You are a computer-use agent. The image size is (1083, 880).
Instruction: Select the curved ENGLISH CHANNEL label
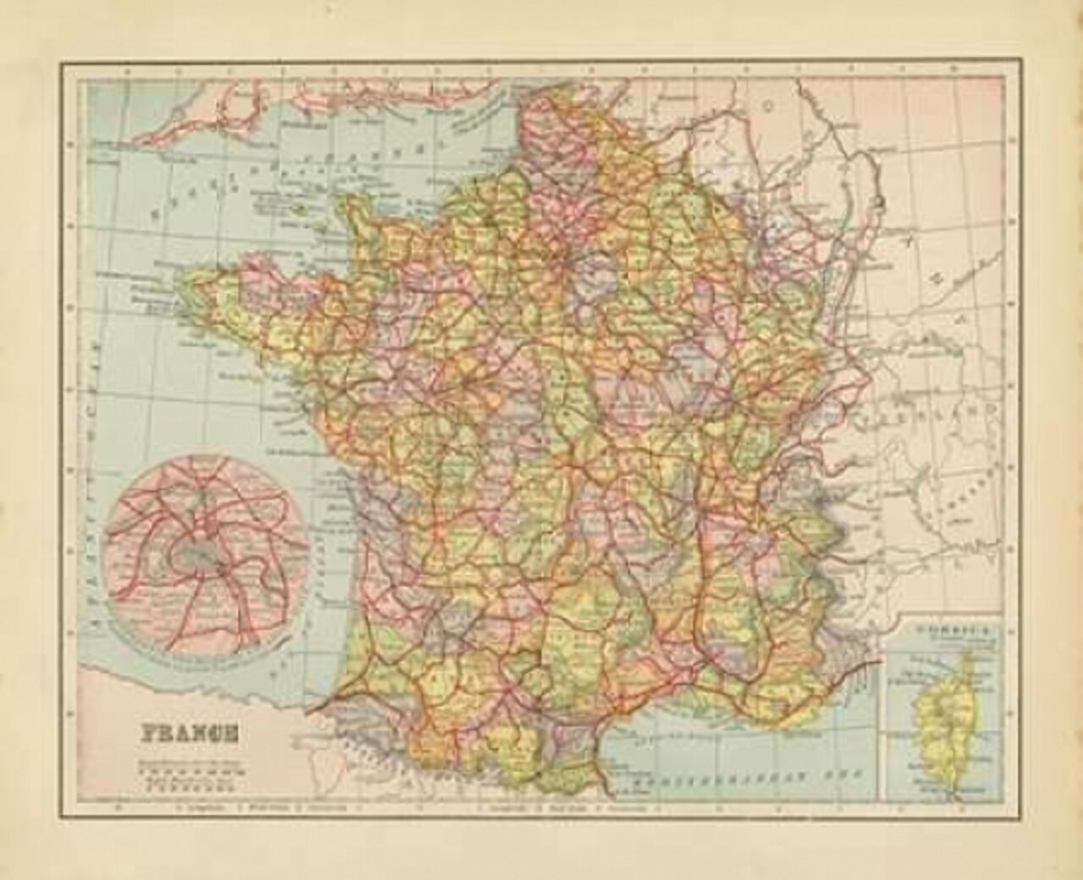tap(262, 182)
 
